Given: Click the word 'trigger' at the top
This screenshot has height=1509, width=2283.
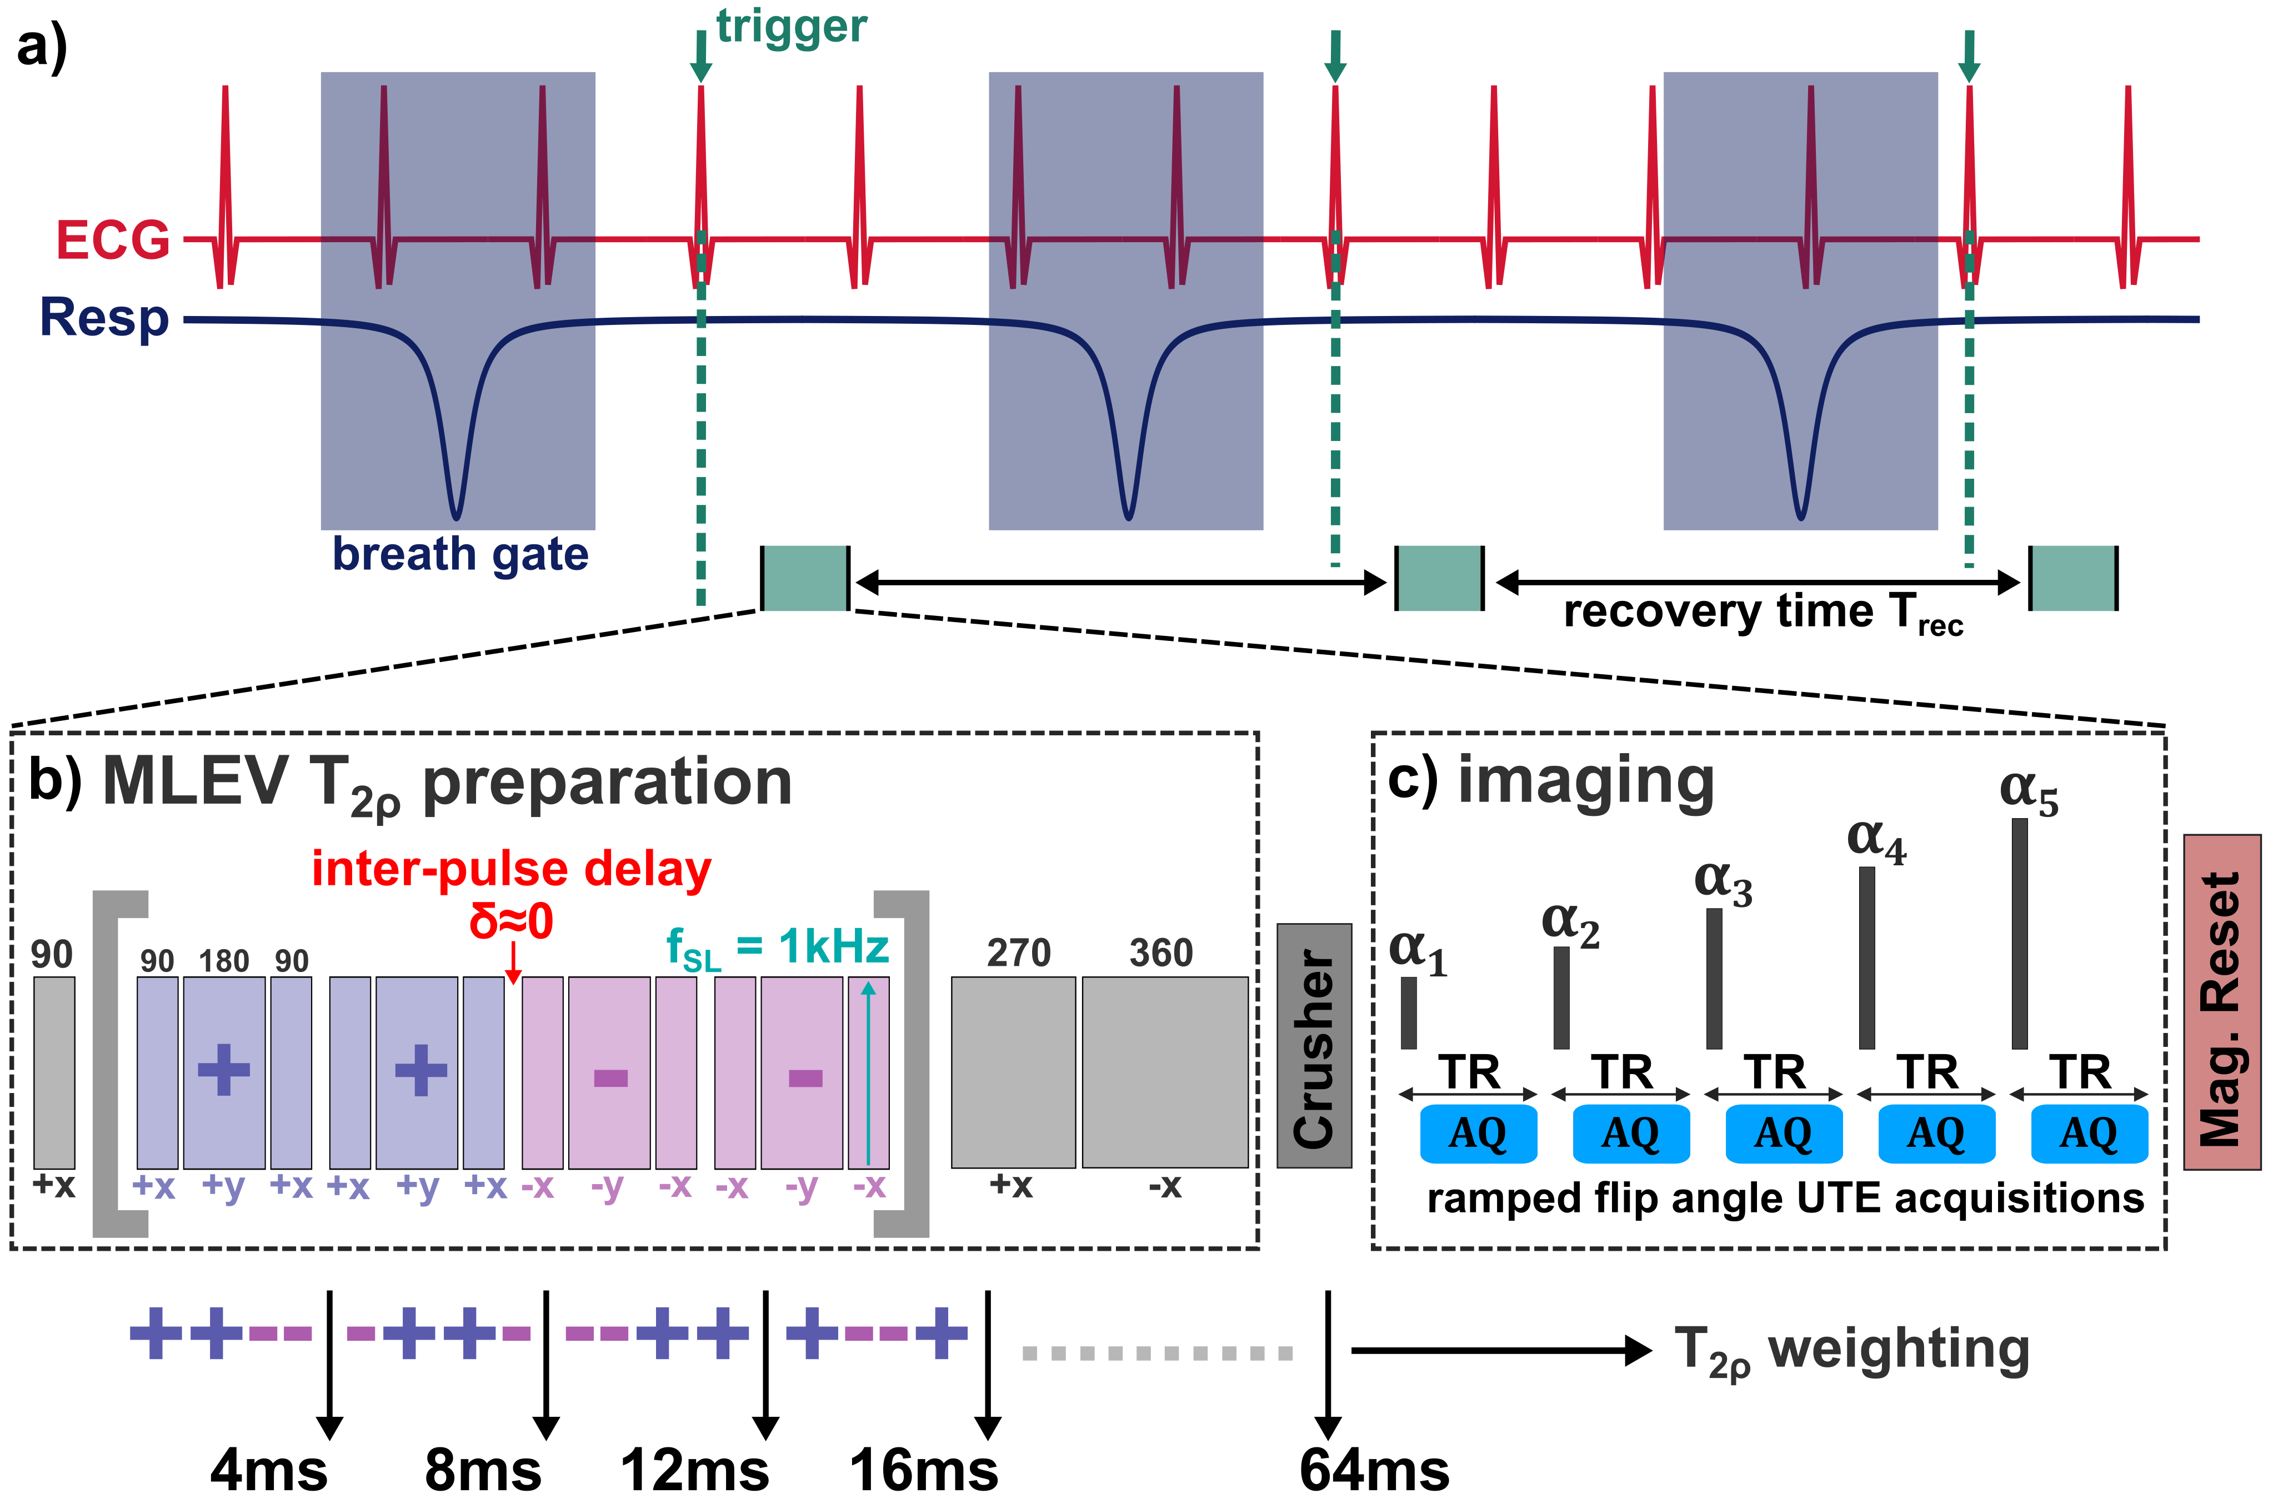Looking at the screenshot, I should (x=791, y=27).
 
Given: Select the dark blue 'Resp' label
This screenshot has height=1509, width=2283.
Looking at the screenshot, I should (x=104, y=318).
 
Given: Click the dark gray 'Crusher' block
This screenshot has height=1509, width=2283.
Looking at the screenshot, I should (x=1314, y=1046).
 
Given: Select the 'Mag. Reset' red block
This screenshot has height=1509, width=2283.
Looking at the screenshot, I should (x=2221, y=1003).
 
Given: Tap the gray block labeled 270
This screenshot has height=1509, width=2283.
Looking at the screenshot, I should (x=1013, y=1072).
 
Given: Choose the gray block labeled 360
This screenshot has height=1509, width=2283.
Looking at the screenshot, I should (x=1165, y=1072).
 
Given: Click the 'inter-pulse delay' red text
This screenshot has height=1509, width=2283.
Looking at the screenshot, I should (x=511, y=869).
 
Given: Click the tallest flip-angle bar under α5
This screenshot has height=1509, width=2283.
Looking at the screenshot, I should (x=2019, y=934).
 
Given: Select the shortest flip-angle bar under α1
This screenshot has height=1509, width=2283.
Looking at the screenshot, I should (x=1408, y=1012).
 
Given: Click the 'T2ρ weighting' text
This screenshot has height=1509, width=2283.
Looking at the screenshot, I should (x=1851, y=1350).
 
